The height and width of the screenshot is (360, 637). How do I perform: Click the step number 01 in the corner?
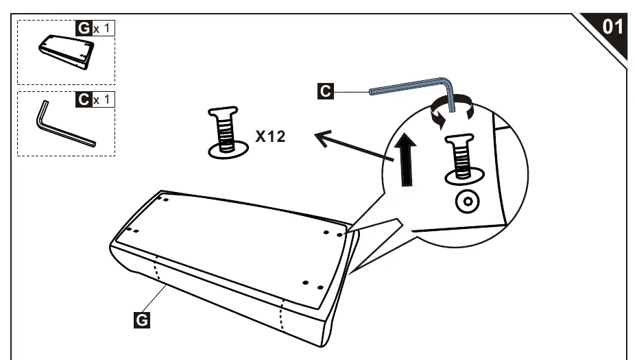tap(612, 27)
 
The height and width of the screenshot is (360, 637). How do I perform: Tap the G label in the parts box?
tap(84, 28)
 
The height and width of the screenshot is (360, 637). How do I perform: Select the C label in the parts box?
tap(84, 99)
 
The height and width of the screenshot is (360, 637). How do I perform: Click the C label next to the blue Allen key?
tap(326, 91)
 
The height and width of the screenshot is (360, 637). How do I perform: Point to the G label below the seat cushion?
tap(141, 320)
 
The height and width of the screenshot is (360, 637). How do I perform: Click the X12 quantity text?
tap(271, 136)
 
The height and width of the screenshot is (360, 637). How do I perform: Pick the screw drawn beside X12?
tap(228, 132)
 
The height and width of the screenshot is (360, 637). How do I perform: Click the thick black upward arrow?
tap(406, 160)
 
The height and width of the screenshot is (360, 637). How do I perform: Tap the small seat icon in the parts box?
tap(67, 51)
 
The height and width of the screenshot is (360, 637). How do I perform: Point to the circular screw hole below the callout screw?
tap(467, 202)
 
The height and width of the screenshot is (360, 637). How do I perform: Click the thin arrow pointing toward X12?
tap(354, 145)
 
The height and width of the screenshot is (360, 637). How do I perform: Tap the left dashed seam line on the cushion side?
tap(157, 269)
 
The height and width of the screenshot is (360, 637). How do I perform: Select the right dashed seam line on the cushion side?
tap(281, 315)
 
